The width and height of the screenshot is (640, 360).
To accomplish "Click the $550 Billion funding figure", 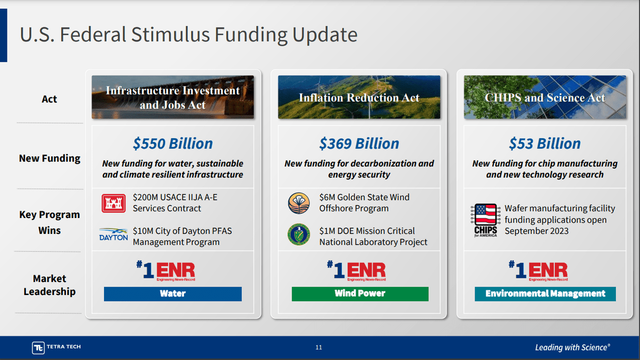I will point(172,143).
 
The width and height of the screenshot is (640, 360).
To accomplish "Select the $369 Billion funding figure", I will point(359,143).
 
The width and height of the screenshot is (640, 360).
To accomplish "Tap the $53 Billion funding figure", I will point(544,143).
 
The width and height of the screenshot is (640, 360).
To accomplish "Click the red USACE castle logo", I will point(113,203).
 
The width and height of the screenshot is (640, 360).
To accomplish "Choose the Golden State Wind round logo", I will point(299,203).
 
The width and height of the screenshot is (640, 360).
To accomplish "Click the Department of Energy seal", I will point(299,234).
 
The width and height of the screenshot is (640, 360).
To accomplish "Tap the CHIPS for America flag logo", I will point(485,220).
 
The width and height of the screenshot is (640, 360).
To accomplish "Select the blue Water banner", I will point(172,293).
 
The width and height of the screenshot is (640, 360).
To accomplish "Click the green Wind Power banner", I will point(360,293).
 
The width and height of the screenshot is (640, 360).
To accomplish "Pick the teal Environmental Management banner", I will point(545,293).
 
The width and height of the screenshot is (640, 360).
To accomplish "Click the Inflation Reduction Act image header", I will point(359,97).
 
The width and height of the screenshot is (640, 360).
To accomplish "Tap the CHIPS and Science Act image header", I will point(544,97).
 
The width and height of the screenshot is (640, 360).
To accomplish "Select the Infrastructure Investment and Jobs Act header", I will point(172,97).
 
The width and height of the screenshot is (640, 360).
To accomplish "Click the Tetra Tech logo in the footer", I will point(56,347).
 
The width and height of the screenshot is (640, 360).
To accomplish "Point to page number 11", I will point(319,347).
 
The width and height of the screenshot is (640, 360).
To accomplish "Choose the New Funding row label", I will point(49,158).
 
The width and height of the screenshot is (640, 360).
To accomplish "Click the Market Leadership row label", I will point(49,285).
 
